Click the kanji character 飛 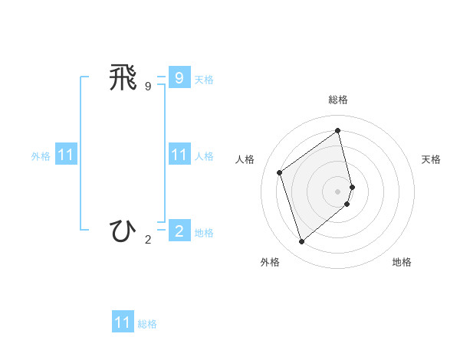[123, 77]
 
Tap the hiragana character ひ [123, 230]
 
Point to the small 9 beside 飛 [148, 87]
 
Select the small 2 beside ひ [148, 240]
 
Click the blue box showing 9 [179, 77]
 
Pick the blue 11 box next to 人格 [179, 155]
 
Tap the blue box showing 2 [179, 230]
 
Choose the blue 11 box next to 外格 [66, 155]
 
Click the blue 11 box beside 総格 [123, 322]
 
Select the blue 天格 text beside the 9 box [204, 80]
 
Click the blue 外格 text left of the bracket [41, 156]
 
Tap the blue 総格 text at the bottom [147, 324]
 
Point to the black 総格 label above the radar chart [338, 100]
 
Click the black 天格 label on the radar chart [431, 159]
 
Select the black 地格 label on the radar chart [402, 262]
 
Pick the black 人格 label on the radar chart [245, 159]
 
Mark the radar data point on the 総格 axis [338, 131]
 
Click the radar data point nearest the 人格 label [280, 172]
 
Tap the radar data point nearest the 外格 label [301, 242]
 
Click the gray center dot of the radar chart [338, 191]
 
